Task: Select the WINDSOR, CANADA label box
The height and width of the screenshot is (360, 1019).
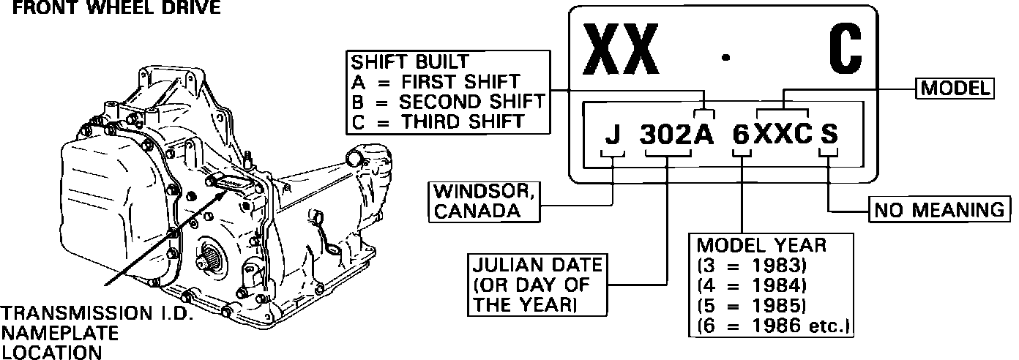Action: pos(484,201)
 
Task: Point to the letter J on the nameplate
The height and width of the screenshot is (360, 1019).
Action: pos(613,136)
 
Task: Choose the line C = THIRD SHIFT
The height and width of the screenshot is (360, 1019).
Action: pos(437,121)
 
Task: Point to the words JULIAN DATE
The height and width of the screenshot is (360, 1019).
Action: pos(537,264)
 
